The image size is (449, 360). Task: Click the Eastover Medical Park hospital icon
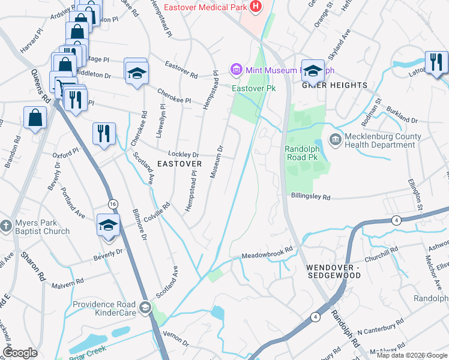(256, 7)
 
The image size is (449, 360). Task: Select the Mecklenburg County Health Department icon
(334, 140)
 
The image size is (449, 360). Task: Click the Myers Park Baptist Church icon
(5, 226)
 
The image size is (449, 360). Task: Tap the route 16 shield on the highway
(113, 205)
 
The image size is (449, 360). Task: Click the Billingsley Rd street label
(310, 196)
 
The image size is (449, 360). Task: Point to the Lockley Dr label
(183, 154)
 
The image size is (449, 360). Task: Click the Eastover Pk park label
(254, 88)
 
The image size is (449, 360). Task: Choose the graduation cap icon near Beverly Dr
(109, 226)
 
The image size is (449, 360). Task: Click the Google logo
(20, 353)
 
